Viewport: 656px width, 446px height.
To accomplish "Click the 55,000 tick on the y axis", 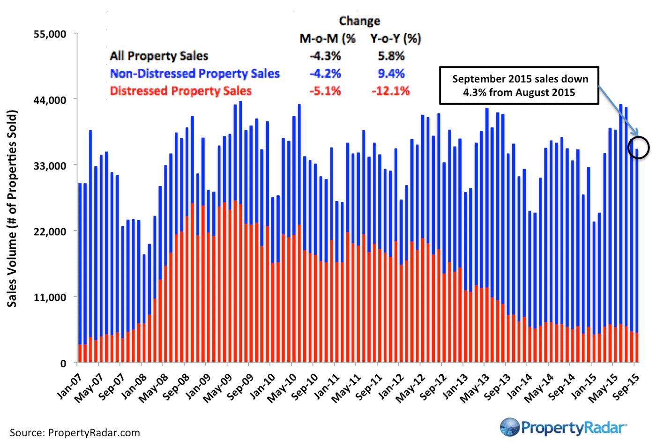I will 49,34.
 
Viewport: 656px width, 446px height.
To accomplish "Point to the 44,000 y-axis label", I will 49,100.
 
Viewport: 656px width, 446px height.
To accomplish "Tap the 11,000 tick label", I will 49,297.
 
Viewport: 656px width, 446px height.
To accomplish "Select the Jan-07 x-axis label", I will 70,387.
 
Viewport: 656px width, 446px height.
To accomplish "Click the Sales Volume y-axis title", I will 12,208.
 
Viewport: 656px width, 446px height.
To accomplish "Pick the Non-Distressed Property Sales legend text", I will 194,74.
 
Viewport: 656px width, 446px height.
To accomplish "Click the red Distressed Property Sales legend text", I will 180,91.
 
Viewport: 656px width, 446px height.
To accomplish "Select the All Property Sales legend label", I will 159,56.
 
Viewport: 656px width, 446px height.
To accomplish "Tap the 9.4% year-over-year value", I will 391,74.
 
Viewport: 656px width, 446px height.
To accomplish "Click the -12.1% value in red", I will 390,91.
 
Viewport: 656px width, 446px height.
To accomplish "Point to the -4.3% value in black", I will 325,56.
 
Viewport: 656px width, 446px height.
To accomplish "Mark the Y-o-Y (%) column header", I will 395,38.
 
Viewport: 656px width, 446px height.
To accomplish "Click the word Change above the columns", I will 359,21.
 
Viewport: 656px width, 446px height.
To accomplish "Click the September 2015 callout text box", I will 519,85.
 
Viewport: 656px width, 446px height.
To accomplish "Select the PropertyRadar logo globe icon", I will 510,427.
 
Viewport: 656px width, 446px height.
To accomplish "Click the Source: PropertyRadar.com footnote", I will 75,433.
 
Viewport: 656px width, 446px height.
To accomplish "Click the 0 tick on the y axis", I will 63,363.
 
